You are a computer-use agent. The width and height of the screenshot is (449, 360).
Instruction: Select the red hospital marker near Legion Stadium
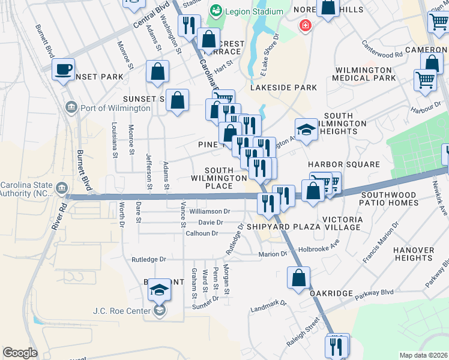pos(306,26)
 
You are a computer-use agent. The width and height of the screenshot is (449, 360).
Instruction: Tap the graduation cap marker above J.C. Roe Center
pos(159,290)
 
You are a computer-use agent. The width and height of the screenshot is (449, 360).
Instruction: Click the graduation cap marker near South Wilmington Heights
pos(306,130)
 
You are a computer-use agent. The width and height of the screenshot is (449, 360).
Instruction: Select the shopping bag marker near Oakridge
pos(298,278)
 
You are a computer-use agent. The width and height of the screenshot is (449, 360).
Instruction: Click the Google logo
pos(20,353)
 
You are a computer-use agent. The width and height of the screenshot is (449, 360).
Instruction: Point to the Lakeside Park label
pos(283,88)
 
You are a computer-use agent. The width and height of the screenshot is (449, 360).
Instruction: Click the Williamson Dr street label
pos(209,211)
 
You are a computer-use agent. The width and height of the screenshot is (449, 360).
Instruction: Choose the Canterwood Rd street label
pos(382,49)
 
